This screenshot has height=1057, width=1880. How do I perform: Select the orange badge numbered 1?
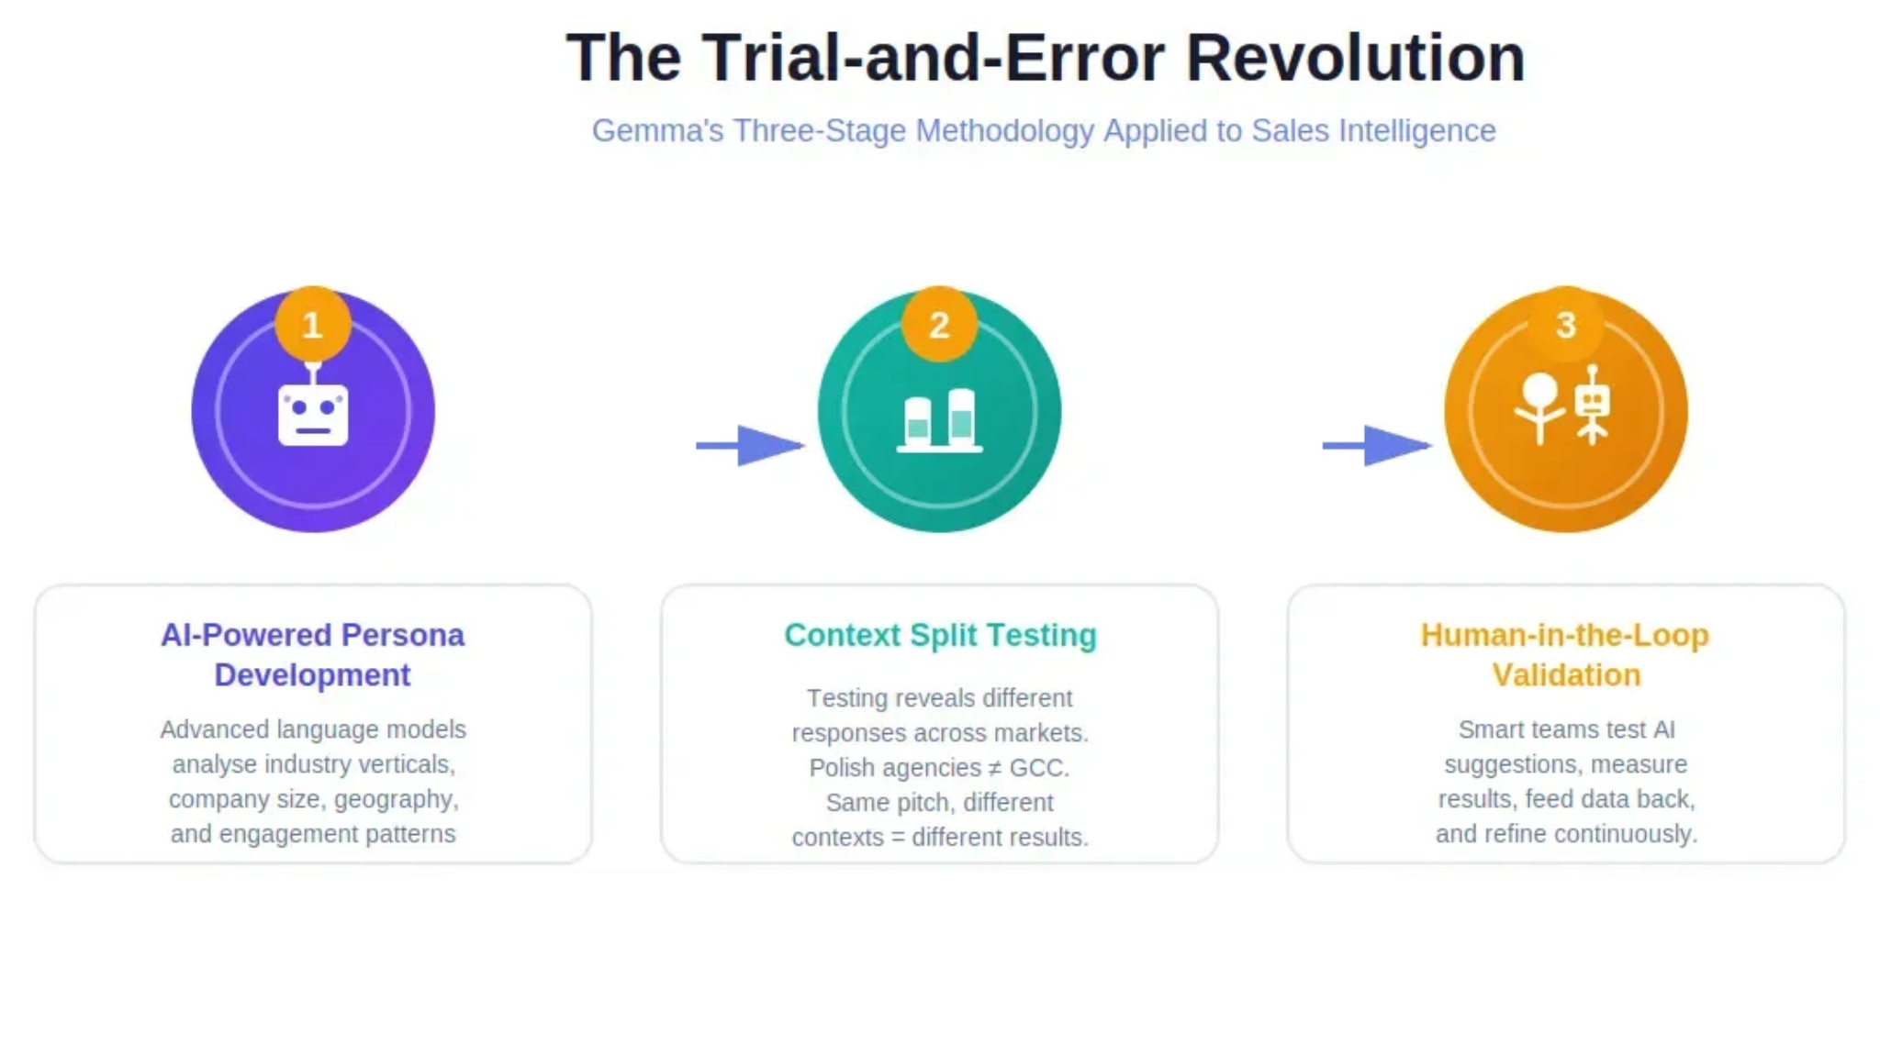tap(312, 325)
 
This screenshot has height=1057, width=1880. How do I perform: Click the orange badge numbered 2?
tap(938, 325)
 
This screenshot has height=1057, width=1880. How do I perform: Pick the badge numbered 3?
tap(1565, 325)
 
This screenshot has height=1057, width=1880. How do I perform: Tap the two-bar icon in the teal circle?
tap(939, 421)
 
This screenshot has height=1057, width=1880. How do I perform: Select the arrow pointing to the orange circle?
tap(1376, 446)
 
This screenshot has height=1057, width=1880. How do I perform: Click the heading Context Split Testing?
tap(940, 635)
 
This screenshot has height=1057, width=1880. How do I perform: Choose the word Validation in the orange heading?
tap(1566, 675)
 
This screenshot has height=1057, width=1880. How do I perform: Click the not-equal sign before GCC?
tap(994, 768)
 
